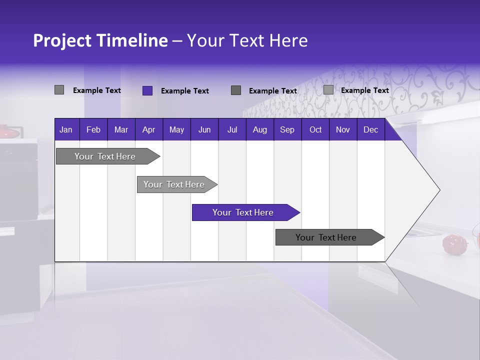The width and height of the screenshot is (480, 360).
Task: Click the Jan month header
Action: (x=66, y=130)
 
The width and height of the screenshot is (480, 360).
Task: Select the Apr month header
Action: (x=148, y=130)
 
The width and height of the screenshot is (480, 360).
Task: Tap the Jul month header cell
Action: (x=232, y=130)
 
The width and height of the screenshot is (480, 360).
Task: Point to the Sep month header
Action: (x=287, y=130)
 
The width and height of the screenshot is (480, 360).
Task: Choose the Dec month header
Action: (x=370, y=130)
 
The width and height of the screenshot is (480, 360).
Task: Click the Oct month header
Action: (x=315, y=130)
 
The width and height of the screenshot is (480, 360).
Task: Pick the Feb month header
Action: (x=93, y=130)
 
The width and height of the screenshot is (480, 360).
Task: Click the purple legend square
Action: (x=147, y=90)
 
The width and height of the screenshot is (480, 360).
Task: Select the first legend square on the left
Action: (x=59, y=90)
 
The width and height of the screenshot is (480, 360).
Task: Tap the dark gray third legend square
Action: (x=236, y=90)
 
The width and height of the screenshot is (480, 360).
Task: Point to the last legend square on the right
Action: (x=328, y=90)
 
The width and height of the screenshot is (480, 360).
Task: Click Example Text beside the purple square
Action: (x=184, y=91)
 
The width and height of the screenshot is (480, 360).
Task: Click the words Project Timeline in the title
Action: (x=100, y=40)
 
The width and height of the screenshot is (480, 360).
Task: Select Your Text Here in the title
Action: (x=247, y=40)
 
